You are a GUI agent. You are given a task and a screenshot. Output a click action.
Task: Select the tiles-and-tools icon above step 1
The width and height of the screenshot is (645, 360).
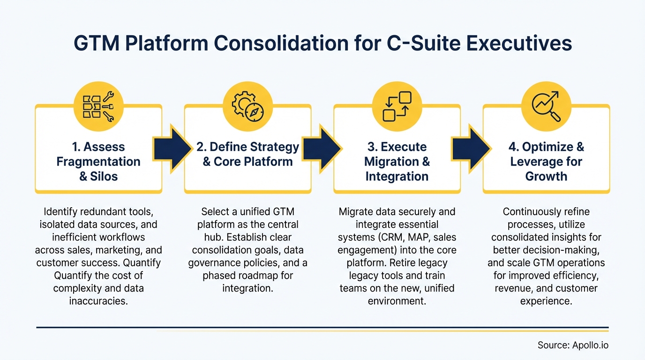pyautogui.click(x=98, y=107)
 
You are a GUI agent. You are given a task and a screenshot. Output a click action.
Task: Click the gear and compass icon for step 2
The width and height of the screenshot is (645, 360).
pyautogui.click(x=247, y=107)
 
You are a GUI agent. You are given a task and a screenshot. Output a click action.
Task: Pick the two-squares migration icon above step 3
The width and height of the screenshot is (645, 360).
pyautogui.click(x=397, y=107)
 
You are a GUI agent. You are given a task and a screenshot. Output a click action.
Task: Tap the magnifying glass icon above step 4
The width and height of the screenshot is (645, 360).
pyautogui.click(x=546, y=107)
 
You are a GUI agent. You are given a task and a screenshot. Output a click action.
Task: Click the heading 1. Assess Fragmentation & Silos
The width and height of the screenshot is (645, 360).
pyautogui.click(x=98, y=162)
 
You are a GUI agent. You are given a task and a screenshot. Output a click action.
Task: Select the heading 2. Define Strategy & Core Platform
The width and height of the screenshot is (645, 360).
pyautogui.click(x=247, y=154)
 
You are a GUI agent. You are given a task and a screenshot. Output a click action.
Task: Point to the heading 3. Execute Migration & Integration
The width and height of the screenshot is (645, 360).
pyautogui.click(x=397, y=162)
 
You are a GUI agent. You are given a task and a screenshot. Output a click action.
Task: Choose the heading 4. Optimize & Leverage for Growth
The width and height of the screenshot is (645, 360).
pyautogui.click(x=546, y=162)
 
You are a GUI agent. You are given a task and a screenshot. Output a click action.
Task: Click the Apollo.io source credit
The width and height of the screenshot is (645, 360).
pyautogui.click(x=573, y=345)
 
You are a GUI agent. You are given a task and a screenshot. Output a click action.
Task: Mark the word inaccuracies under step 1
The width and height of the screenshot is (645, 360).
pyautogui.click(x=98, y=300)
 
